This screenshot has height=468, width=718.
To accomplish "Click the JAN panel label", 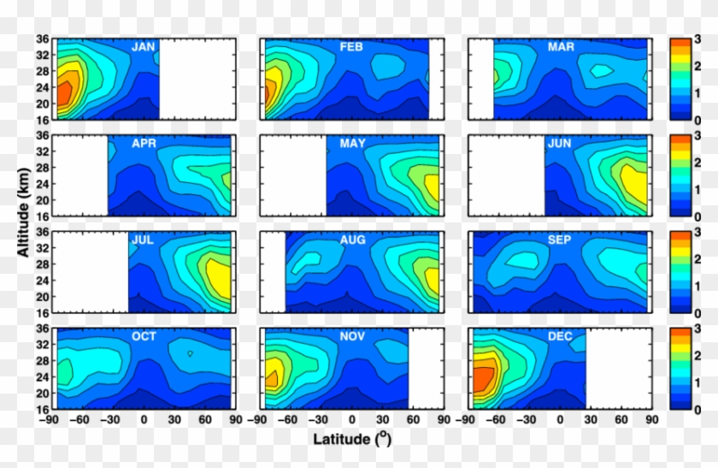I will pyautogui.click(x=143, y=47).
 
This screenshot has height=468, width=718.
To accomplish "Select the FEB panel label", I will pyautogui.click(x=351, y=47).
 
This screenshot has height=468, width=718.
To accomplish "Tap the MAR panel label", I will pyautogui.click(x=561, y=47).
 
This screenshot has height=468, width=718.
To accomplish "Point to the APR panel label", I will pyautogui.click(x=143, y=144).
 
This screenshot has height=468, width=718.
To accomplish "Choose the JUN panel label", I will pyautogui.click(x=561, y=144).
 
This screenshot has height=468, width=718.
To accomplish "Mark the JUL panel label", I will pyautogui.click(x=142, y=240).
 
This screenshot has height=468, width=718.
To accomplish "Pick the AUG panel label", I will pyautogui.click(x=352, y=240).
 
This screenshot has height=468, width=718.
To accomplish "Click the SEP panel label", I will pyautogui.click(x=561, y=240).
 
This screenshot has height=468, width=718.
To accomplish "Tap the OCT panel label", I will pyautogui.click(x=143, y=337).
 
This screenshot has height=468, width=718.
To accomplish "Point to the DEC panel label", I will pyautogui.click(x=561, y=337).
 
